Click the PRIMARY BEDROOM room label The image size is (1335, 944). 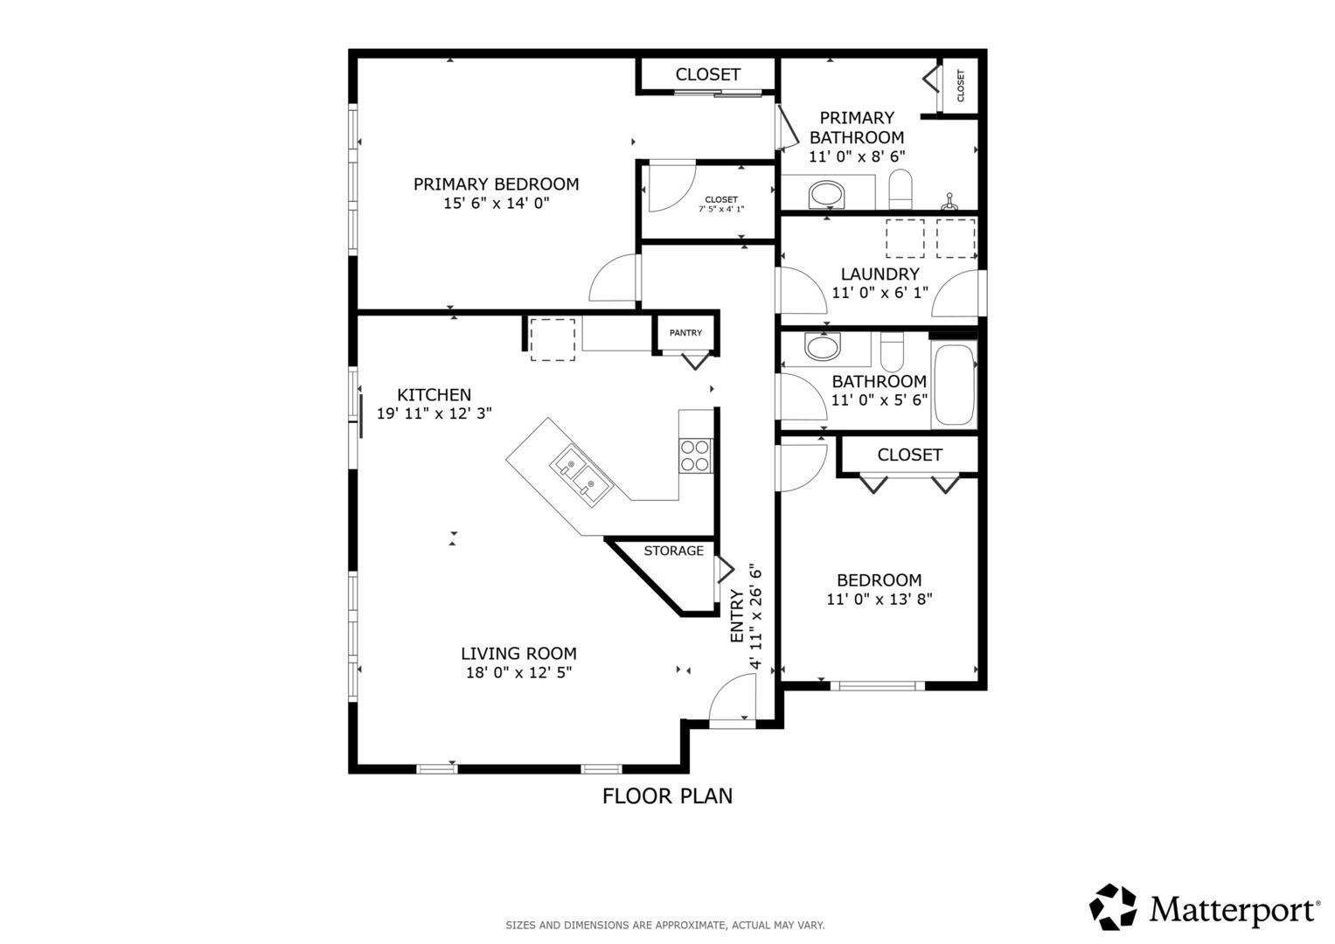click(x=496, y=184)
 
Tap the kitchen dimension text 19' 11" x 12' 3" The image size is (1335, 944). click(x=434, y=413)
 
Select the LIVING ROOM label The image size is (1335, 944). click(x=518, y=653)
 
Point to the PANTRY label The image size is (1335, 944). click(x=685, y=332)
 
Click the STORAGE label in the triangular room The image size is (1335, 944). click(x=673, y=551)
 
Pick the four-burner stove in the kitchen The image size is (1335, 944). click(x=695, y=456)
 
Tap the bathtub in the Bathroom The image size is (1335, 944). click(x=954, y=385)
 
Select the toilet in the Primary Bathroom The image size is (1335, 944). click(x=900, y=188)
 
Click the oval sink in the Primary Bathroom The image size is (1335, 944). click(x=827, y=194)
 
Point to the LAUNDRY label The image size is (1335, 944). click(x=880, y=274)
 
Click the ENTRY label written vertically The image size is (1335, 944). click(x=737, y=615)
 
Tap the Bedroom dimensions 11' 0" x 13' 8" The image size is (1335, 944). click(x=880, y=599)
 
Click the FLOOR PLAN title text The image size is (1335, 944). click(x=667, y=796)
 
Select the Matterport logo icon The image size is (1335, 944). click(x=1113, y=907)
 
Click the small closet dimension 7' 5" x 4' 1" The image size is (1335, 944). click(x=721, y=209)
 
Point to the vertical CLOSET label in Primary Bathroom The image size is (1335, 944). click(x=960, y=86)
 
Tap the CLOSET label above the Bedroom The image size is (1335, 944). click(x=909, y=455)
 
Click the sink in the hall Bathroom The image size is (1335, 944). click(x=822, y=346)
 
